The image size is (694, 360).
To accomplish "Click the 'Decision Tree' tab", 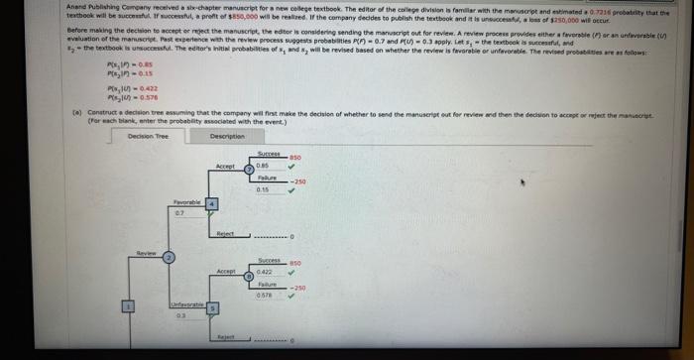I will [x=147, y=136].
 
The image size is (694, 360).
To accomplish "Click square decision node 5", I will [x=210, y=308].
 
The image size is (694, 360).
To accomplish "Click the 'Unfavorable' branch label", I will [x=186, y=303].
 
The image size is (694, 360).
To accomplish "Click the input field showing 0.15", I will [x=266, y=189].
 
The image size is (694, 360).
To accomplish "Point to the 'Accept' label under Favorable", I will [x=226, y=167].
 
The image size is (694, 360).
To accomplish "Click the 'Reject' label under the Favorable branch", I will [x=225, y=234].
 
